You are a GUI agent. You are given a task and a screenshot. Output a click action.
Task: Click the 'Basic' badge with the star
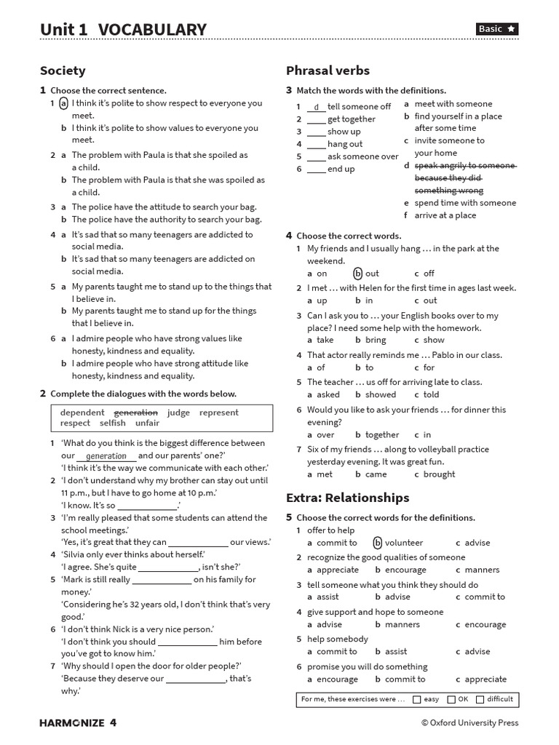(497, 29)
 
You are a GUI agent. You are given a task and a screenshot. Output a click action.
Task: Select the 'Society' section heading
(63, 71)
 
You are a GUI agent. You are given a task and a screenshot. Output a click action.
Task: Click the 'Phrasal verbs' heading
(328, 71)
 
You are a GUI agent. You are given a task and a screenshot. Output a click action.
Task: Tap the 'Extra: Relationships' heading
(347, 498)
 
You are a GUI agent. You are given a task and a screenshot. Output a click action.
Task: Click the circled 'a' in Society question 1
(63, 103)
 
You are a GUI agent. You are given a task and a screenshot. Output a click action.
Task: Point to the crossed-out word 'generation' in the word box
(136, 413)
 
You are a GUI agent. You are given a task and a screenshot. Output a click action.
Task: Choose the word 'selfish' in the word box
(113, 423)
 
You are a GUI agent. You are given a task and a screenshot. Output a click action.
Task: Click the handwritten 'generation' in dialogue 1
(106, 456)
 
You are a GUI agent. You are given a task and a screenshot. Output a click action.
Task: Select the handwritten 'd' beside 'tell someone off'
(316, 107)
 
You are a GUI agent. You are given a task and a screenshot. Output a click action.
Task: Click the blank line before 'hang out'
(316, 144)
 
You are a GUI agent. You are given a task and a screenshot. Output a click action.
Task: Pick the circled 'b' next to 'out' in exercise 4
(357, 274)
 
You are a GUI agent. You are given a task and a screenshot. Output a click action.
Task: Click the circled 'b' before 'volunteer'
(378, 543)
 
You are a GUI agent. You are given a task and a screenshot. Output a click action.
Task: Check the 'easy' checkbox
(416, 700)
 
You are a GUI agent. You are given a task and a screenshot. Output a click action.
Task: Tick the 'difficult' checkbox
(480, 700)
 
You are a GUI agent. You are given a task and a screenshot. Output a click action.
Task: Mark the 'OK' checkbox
(451, 700)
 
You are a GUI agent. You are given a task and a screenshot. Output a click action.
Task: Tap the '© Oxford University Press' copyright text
(469, 722)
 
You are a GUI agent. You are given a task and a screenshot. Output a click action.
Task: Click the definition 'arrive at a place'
(445, 215)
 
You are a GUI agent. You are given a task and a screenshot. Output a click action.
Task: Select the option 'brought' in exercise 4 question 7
(439, 474)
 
